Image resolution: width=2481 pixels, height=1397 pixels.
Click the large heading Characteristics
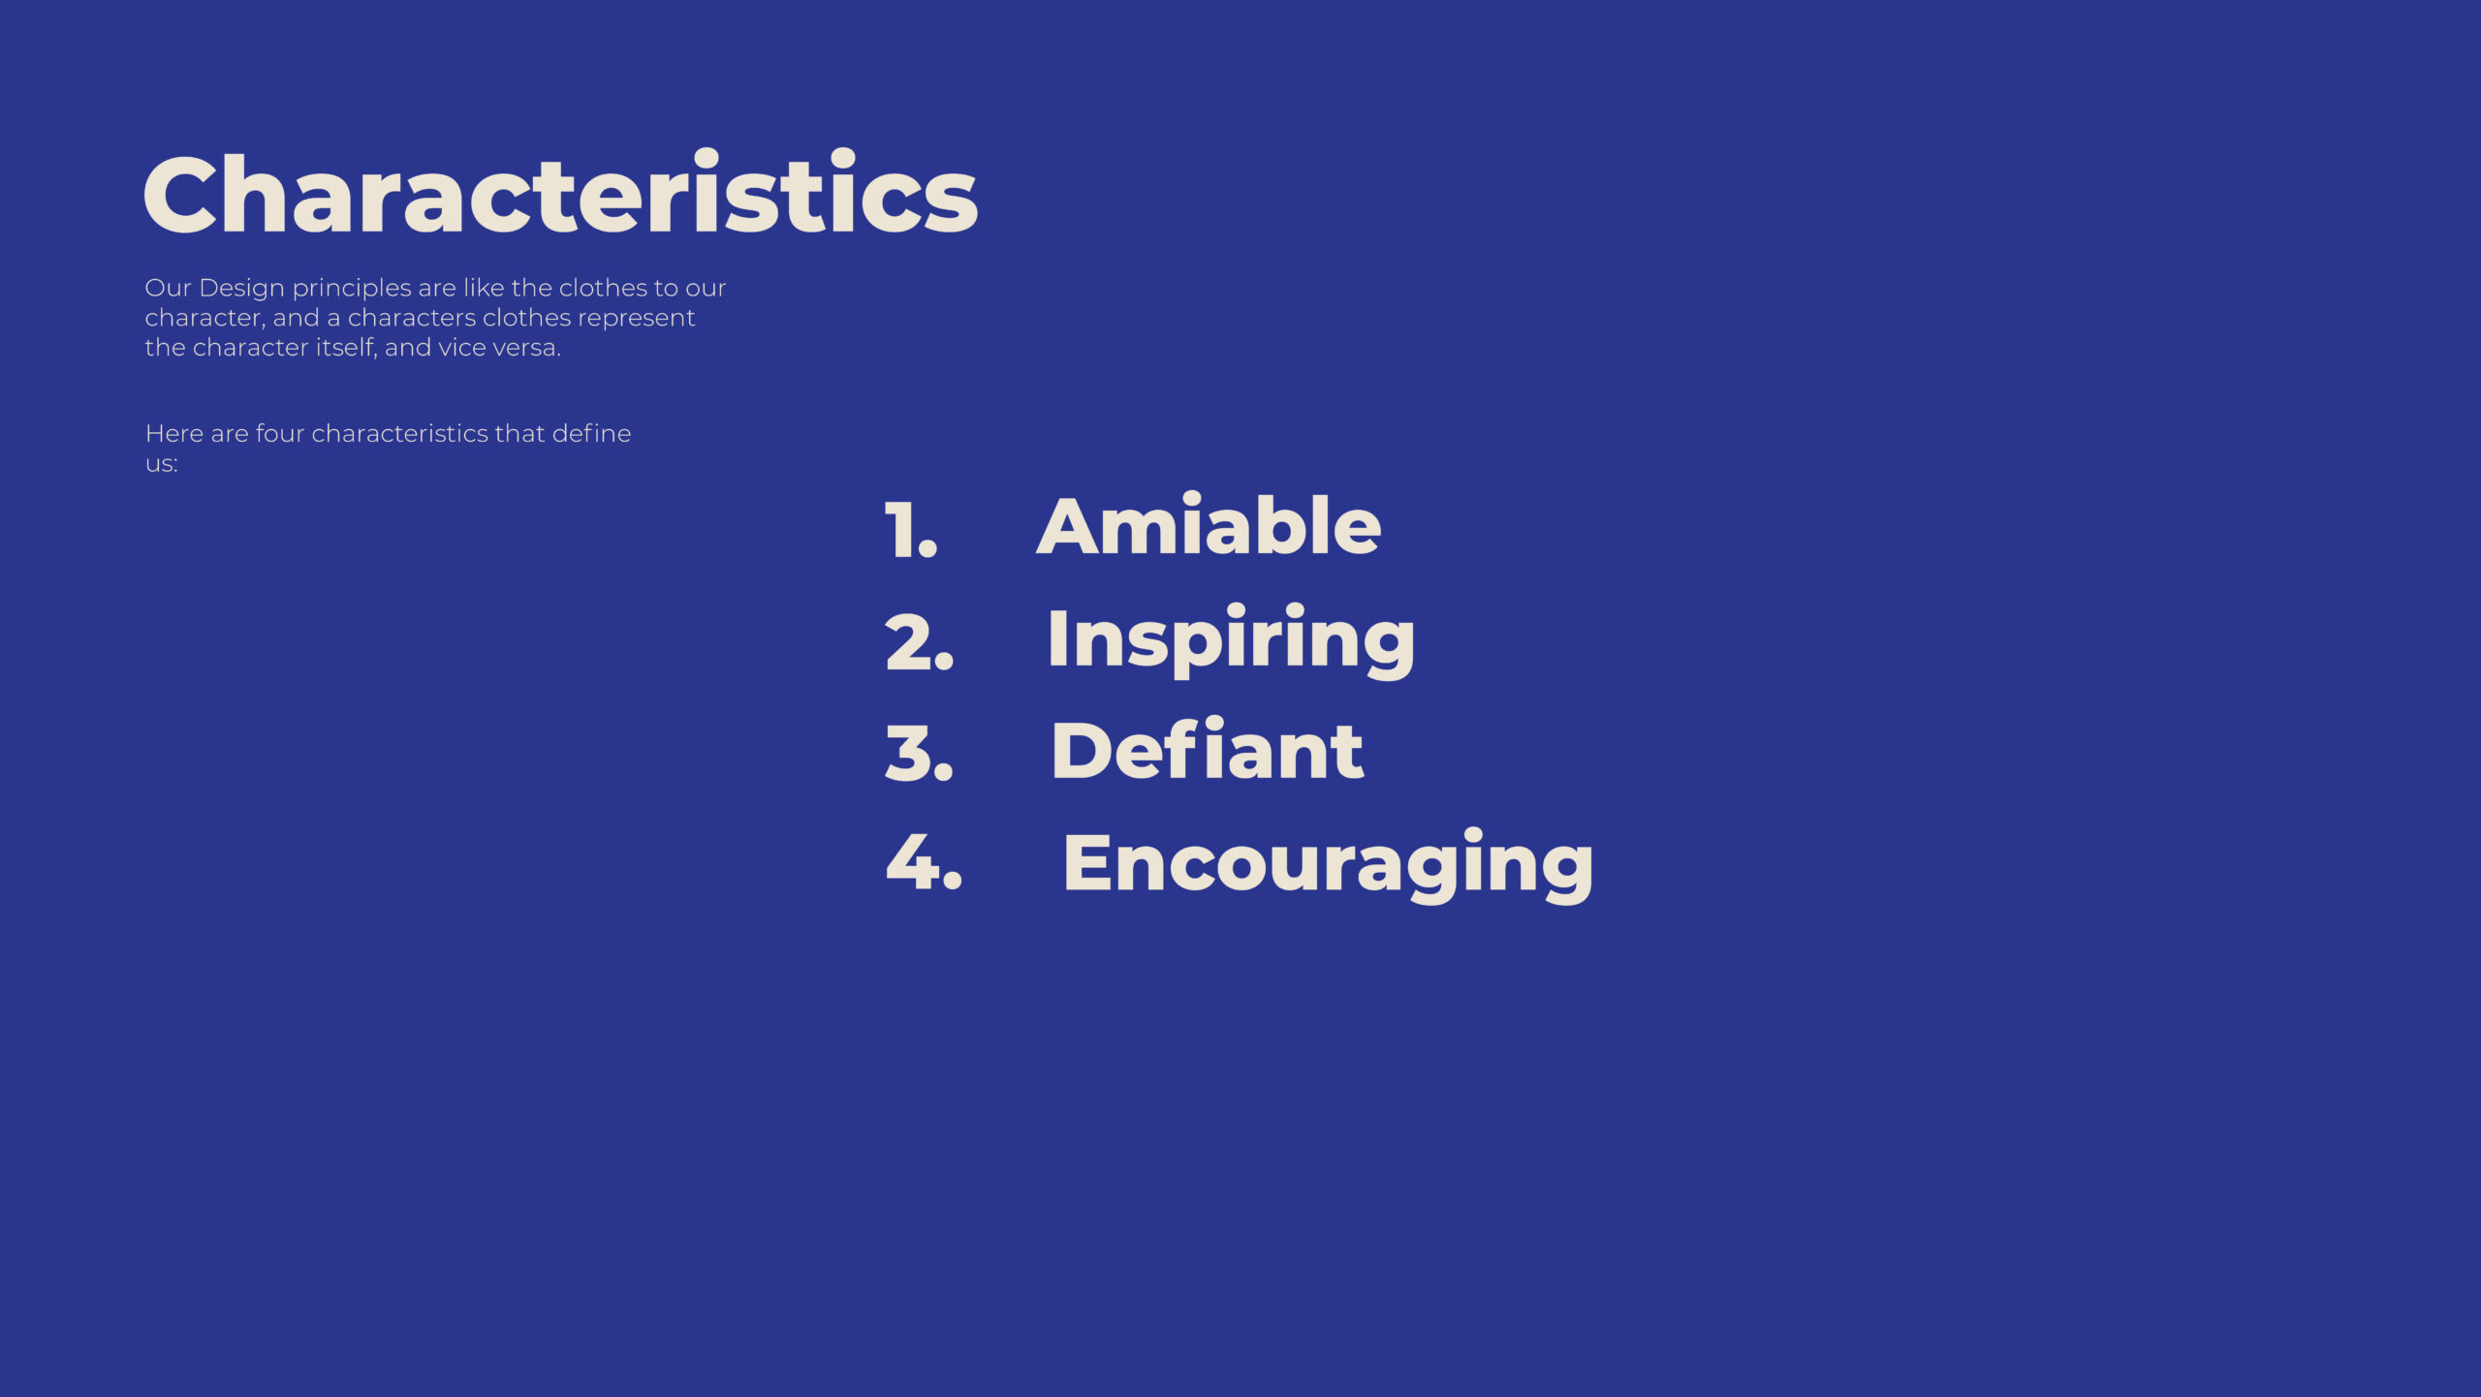coord(560,193)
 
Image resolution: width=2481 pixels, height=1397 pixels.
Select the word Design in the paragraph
coord(241,289)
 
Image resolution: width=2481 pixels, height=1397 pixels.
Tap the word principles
coord(352,289)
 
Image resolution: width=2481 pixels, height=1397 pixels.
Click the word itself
coord(345,347)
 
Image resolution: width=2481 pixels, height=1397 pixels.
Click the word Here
coord(174,433)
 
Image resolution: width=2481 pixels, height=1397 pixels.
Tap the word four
coord(280,433)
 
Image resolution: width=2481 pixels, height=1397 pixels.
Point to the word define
coord(591,433)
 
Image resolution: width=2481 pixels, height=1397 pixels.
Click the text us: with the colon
coord(162,464)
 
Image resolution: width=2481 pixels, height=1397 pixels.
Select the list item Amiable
coord(1209,525)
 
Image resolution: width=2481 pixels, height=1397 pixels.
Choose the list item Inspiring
coord(1232,639)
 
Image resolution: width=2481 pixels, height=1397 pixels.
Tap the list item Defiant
coord(1208,750)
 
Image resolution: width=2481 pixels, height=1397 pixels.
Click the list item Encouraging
coord(1328,864)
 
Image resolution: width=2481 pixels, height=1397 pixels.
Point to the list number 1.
coord(911,530)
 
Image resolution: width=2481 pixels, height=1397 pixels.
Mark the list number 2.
coord(920,641)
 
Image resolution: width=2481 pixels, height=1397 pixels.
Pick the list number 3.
coord(920,753)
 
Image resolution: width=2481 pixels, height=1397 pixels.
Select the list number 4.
coord(924,861)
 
